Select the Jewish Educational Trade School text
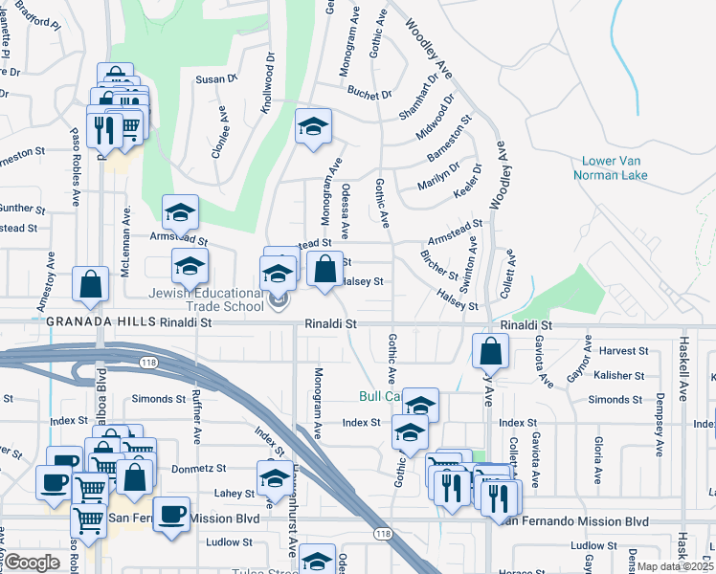tap(205, 299)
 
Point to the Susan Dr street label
tap(215, 79)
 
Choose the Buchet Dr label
tap(369, 95)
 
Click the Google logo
tap(32, 563)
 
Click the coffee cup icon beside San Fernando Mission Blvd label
tap(172, 514)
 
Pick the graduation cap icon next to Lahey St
tap(275, 476)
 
